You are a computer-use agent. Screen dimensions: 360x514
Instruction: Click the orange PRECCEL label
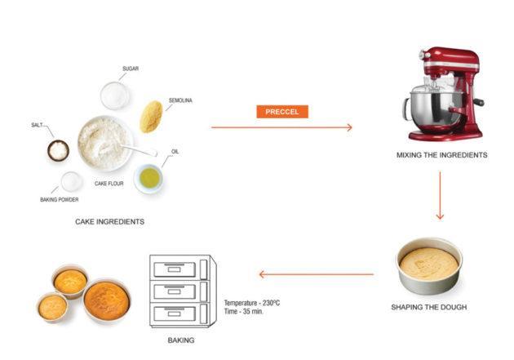281,111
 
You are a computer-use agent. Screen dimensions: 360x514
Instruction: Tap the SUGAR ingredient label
131,69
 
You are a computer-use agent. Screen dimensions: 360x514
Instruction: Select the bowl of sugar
115,95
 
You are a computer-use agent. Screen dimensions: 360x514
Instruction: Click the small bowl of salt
58,150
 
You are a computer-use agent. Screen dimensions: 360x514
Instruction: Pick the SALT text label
37,125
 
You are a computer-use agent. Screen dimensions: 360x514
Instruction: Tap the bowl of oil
148,178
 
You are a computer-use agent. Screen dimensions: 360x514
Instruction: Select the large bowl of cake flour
104,142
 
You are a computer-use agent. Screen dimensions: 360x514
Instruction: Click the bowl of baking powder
72,181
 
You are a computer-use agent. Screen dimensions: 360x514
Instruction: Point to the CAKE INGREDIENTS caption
109,221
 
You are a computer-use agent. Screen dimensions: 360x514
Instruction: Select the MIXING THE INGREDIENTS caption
441,154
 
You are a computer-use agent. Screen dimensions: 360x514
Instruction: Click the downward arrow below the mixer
440,196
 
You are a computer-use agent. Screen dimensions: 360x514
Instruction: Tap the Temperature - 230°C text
252,302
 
